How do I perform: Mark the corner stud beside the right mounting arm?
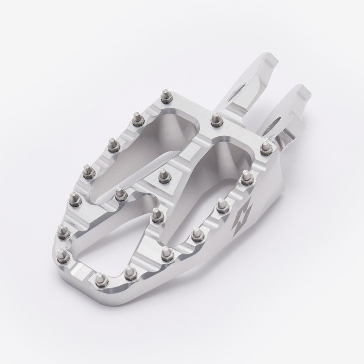coord(265,148)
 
